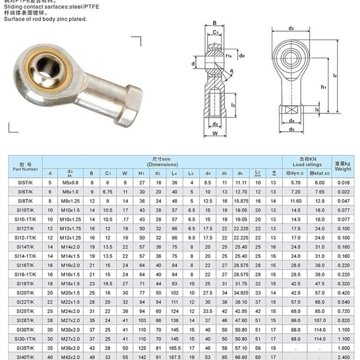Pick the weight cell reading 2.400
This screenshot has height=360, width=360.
tap(343, 357)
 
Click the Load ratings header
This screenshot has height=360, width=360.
tap(307, 162)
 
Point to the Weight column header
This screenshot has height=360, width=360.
tap(343, 166)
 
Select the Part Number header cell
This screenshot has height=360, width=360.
tap(25, 166)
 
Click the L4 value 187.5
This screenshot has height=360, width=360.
tap(175, 357)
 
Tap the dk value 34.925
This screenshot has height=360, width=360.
tap(241, 293)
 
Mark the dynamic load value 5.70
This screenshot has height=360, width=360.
tap(296, 182)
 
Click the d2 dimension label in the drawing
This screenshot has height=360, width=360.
tap(291, 29)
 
